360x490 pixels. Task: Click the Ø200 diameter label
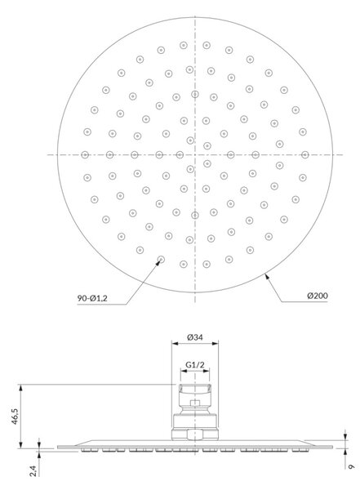(x=318, y=296)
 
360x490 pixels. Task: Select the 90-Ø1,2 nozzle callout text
(x=92, y=298)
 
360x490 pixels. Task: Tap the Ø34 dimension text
(x=195, y=337)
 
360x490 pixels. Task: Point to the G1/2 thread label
(x=195, y=364)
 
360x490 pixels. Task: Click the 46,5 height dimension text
(x=15, y=416)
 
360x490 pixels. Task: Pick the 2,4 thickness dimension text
(x=33, y=470)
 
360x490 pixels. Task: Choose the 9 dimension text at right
(x=351, y=466)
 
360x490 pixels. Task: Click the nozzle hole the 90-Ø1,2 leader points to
(x=161, y=259)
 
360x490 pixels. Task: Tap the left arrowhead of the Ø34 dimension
(x=175, y=344)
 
